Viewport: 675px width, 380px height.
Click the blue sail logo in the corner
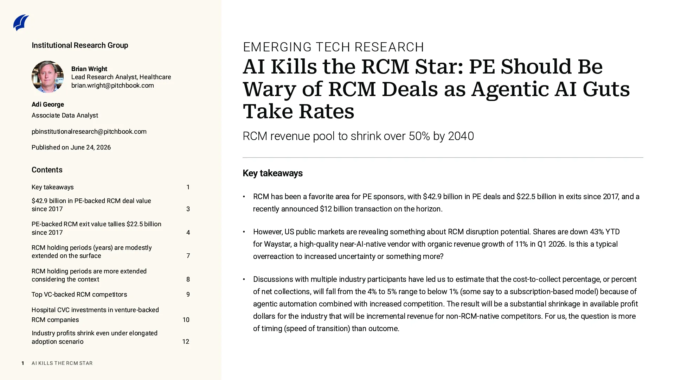pos(21,23)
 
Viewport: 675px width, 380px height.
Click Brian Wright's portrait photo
pos(47,77)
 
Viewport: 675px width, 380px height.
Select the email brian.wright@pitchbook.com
pos(112,85)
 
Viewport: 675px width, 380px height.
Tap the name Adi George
pos(48,104)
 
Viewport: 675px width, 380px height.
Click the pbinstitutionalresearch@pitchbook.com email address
pos(89,132)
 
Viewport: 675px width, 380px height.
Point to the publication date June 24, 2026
pos(91,147)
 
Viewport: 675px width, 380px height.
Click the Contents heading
pos(47,170)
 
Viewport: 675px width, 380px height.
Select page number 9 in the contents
pos(188,294)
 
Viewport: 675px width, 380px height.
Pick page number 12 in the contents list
pos(186,342)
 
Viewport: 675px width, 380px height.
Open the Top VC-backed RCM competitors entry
pos(79,294)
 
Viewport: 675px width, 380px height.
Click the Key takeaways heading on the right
pos(272,173)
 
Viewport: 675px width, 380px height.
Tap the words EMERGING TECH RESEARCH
pos(333,47)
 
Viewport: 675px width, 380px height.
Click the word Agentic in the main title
pos(510,89)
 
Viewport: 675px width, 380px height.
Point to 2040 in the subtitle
pos(461,136)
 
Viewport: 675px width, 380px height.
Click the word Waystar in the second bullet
pos(277,244)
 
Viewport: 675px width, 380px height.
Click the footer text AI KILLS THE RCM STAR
pos(62,363)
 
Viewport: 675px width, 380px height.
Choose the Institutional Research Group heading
pos(80,45)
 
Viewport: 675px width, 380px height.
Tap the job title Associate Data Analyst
pos(65,115)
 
